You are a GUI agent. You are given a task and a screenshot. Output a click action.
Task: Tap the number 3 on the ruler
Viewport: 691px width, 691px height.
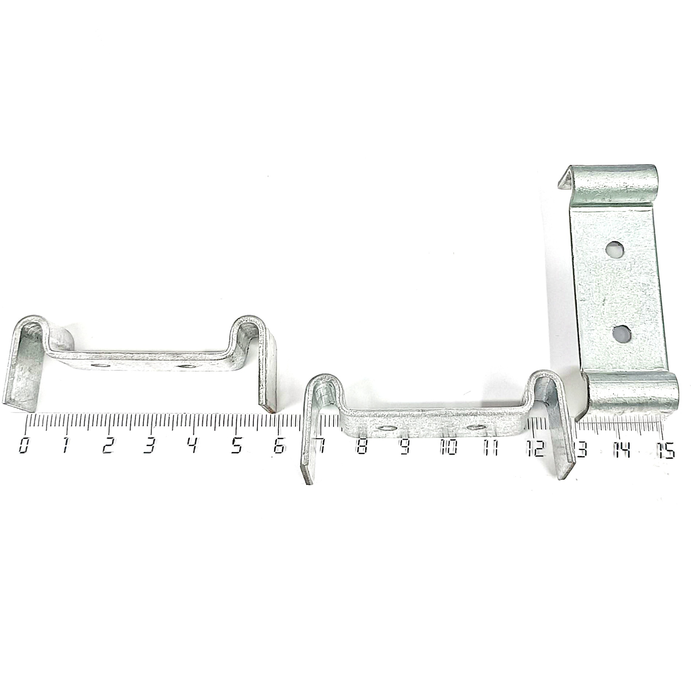pyautogui.click(x=148, y=445)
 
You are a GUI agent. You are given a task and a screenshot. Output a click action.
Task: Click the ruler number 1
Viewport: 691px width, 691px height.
pyautogui.click(x=66, y=445)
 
